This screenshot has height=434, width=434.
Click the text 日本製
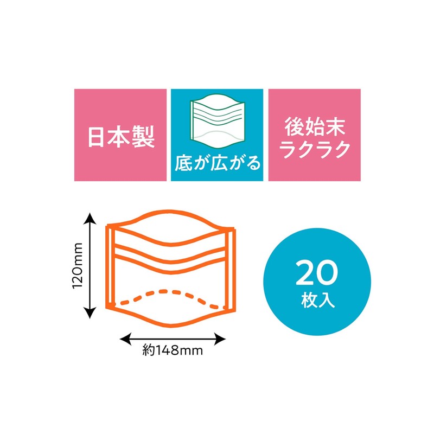[121, 137]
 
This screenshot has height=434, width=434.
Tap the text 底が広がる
[218, 163]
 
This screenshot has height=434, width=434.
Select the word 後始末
[315, 127]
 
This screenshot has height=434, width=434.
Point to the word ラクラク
[315, 150]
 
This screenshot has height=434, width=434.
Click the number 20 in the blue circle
[317, 273]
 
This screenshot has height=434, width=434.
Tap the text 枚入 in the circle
[318, 300]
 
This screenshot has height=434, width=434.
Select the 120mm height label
[78, 265]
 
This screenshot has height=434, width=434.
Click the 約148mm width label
[173, 350]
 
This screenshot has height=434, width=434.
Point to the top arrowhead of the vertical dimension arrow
[90, 218]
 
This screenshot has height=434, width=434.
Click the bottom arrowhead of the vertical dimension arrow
[90, 313]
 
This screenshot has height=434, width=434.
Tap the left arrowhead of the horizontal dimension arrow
[125, 339]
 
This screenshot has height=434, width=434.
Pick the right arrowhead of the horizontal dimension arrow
[220, 339]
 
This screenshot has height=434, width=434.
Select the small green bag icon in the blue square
[218, 122]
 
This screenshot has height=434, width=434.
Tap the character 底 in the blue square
[183, 163]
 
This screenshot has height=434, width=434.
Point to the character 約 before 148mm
[148, 350]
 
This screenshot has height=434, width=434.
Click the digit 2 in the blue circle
[305, 273]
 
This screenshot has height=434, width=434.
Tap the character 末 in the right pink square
[335, 127]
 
